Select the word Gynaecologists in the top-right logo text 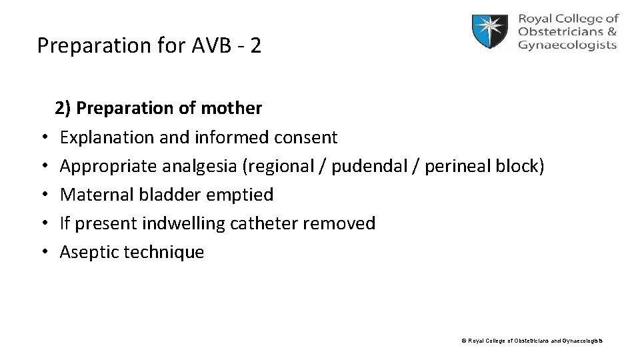pos(567,45)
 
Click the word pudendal pos(369,167)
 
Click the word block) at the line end pos(523,167)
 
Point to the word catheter pos(264,223)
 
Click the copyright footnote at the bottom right pos(531,341)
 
